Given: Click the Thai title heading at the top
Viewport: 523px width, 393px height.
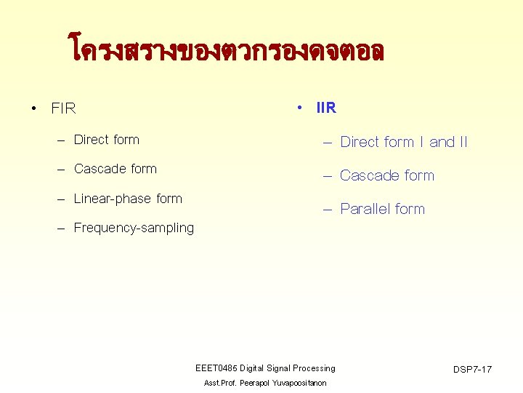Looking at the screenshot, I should pos(226,52).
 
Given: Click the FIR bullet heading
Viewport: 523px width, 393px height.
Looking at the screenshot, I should pos(63,109).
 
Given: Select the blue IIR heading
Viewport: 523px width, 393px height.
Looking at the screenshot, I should pos(326,108).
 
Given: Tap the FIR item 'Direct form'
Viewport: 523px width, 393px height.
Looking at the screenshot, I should pos(106,140).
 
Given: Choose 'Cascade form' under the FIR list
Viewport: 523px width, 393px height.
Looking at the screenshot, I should pos(115,169).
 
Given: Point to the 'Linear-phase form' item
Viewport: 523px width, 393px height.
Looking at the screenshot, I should pos(128,199).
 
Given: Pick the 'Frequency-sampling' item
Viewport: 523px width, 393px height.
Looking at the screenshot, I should pos(134,228).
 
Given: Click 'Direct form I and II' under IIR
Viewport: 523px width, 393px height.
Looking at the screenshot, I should pos(404,142).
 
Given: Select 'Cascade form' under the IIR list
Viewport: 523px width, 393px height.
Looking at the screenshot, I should pos(387,175).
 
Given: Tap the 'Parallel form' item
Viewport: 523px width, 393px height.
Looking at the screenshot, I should pos(382,209).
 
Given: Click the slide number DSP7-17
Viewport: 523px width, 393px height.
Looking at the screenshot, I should pos(472,370).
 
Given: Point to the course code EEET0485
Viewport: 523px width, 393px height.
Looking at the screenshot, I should pos(216,368).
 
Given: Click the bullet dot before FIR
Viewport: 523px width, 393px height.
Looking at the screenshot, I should pos(34,109).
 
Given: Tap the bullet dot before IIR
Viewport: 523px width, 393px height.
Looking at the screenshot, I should pos(299,108).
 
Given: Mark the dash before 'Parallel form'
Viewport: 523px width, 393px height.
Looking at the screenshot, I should pos(327,210).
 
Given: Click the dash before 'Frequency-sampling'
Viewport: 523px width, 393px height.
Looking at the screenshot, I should pos(62,229).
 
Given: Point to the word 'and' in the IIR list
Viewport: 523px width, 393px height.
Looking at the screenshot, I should pos(442,142).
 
